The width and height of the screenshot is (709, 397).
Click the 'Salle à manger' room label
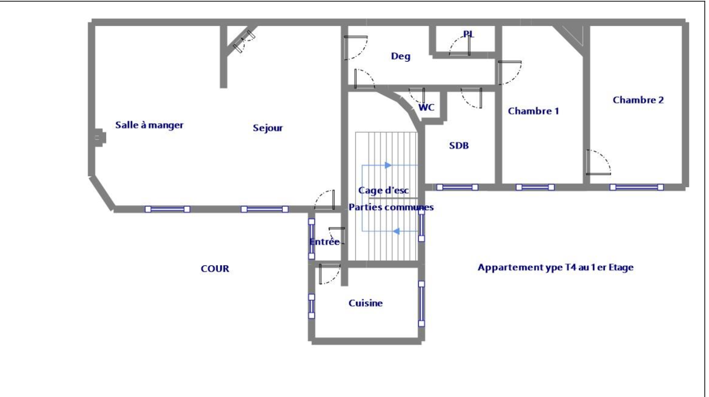pos(149,125)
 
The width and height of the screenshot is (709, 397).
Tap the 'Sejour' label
pos(268,128)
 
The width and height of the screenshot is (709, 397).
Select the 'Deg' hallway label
pos(401,57)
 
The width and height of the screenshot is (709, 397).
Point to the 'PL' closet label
pos(469,34)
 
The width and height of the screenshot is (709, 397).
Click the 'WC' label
pos(427,108)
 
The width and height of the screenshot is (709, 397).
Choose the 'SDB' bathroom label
pos(459,146)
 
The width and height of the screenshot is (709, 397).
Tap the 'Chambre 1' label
pos(533,111)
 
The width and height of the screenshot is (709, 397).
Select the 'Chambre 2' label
pos(638,100)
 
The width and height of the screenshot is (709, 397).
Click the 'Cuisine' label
pos(366,304)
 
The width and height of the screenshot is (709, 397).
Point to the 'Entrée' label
pos(324,242)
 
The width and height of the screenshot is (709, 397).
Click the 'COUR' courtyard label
pos(215,269)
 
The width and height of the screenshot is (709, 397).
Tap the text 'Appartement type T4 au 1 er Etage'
pos(556,268)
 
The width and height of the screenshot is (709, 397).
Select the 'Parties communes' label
pos(391,207)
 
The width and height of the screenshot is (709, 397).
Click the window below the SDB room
pos(457,187)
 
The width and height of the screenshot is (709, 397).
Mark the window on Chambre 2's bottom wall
pos(636,187)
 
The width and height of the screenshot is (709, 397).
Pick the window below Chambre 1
pos(535,187)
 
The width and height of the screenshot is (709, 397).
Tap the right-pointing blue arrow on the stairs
pos(387,165)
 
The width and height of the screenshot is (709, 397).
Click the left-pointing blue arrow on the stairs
pos(396,231)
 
